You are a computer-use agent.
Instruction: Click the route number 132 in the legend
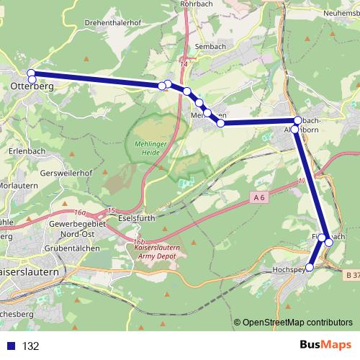31,346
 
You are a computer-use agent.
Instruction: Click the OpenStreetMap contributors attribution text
297,322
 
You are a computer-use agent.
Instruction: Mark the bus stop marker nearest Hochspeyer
310,267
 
